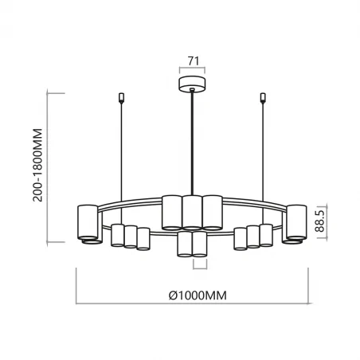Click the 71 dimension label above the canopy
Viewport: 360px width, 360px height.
point(192,60)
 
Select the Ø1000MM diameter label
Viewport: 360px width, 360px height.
point(198,295)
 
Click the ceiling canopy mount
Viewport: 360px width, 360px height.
point(192,84)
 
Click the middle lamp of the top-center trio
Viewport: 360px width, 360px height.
point(192,212)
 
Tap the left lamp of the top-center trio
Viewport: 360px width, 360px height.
point(172,212)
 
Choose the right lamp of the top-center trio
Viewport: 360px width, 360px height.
point(212,212)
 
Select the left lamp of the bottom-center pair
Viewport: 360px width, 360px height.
point(185,245)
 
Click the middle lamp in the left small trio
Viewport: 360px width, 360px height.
point(131,237)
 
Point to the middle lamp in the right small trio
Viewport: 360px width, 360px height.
point(254,237)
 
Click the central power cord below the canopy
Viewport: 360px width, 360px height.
point(192,143)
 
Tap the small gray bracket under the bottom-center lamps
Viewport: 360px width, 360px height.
point(192,264)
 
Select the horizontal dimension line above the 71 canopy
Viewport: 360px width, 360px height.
point(192,69)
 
